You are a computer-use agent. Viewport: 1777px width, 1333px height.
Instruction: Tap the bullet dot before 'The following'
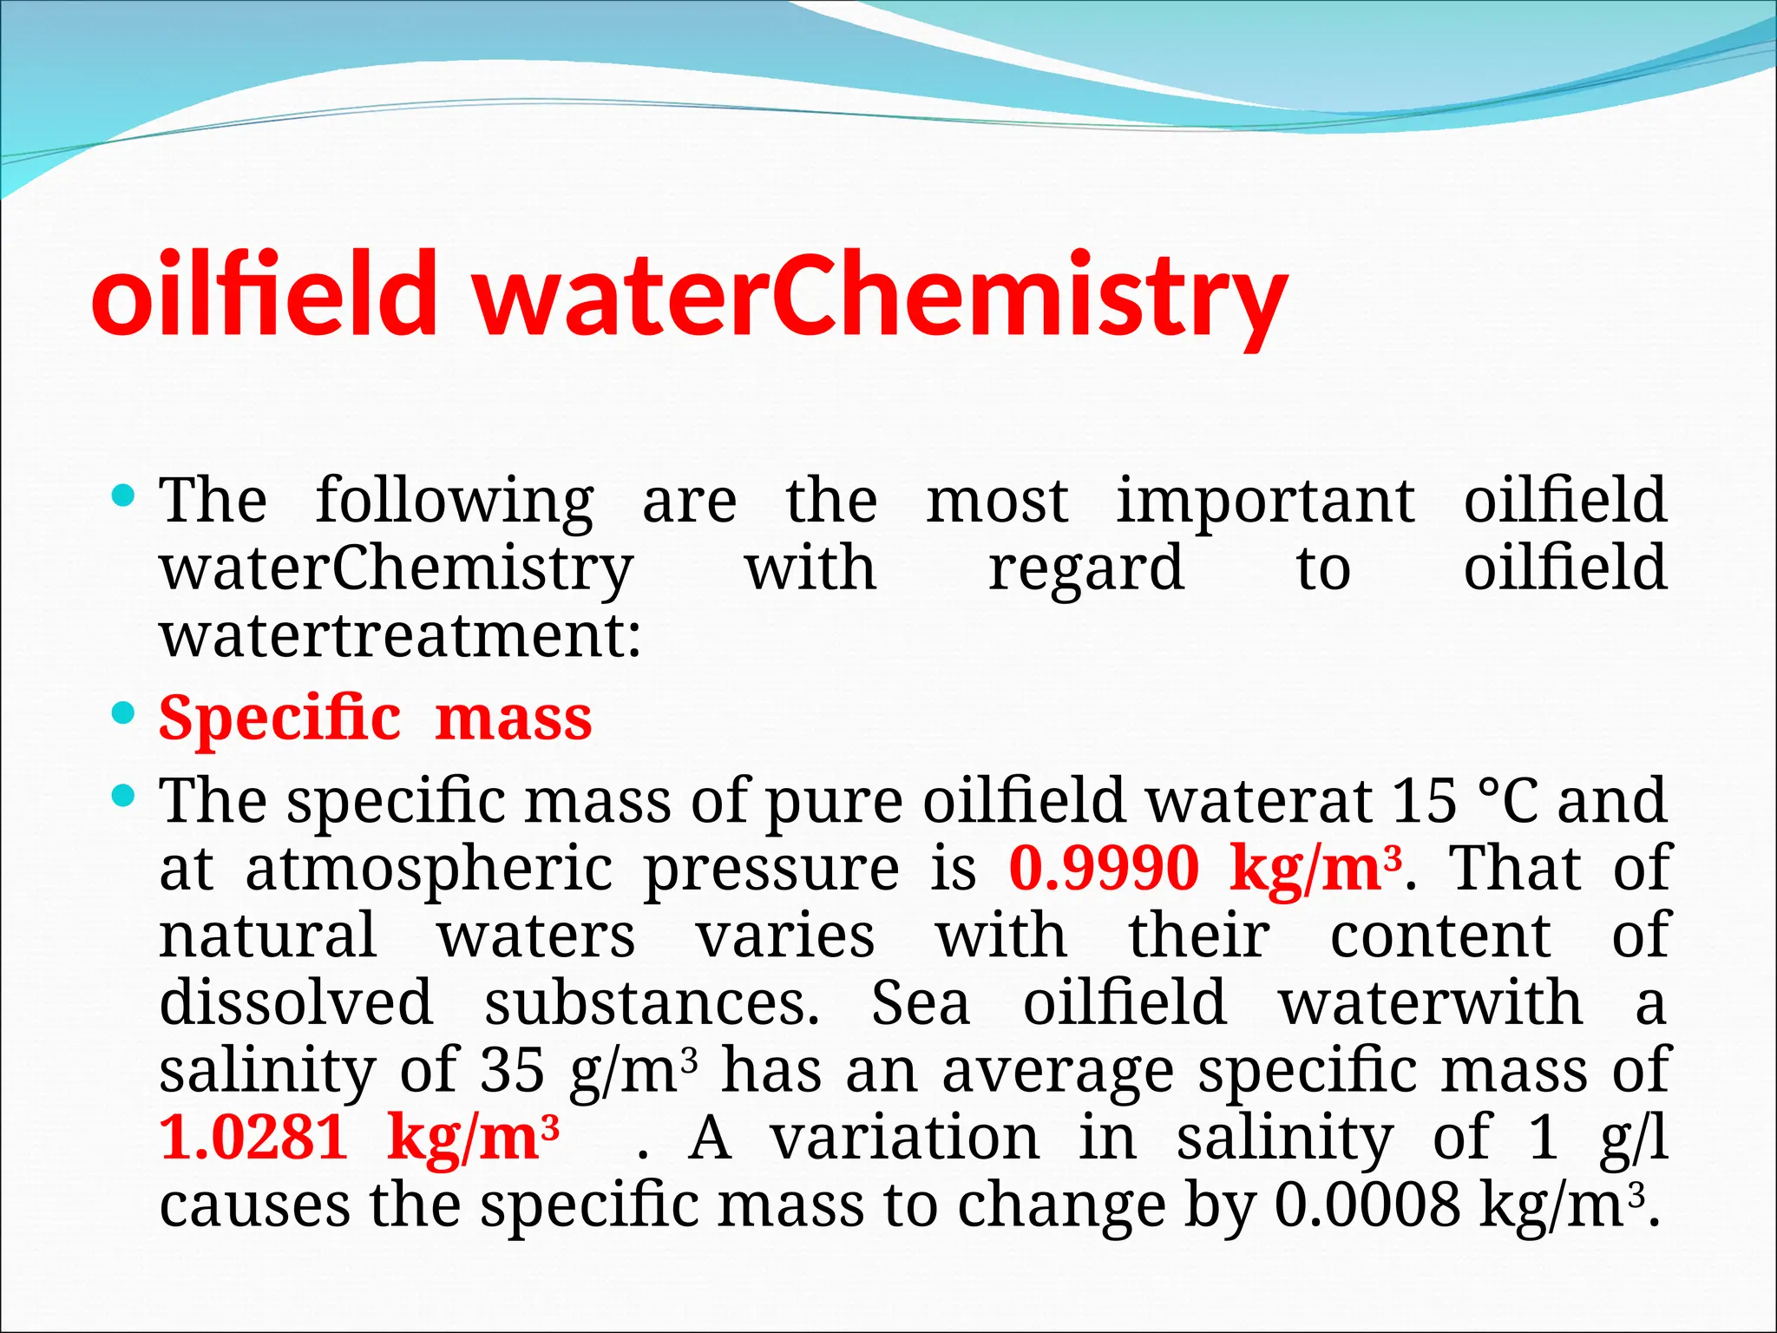(124, 497)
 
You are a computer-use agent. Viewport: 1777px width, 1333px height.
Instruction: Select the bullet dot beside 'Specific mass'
(124, 714)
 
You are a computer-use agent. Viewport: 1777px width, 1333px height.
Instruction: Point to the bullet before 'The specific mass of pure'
(124, 794)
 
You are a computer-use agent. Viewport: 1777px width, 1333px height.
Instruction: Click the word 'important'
(1265, 501)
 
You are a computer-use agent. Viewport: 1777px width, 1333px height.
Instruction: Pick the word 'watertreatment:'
(400, 635)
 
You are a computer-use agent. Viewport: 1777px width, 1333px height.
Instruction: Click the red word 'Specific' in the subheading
(279, 719)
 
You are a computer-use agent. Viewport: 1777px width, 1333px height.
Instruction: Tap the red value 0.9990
(1104, 868)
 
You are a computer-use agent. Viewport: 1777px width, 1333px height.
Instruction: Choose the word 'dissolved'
(296, 1002)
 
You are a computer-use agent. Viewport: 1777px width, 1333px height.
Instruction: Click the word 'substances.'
(652, 1002)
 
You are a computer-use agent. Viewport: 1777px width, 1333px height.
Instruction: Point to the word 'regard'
(1086, 569)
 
